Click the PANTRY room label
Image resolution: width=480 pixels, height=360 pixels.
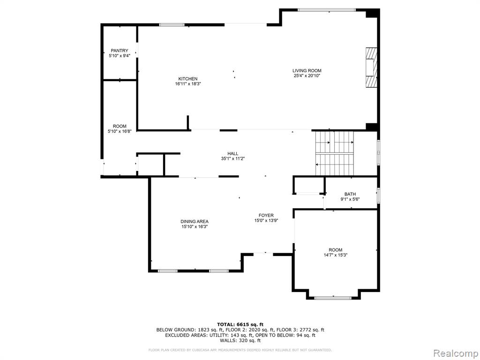click(x=120, y=51)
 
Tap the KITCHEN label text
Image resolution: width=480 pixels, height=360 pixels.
click(x=188, y=79)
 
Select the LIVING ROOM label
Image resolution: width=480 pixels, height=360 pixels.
click(x=307, y=71)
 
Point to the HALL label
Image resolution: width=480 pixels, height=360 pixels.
click(x=232, y=154)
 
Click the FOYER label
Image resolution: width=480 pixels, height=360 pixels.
click(x=266, y=216)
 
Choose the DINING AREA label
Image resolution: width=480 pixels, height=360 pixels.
click(x=195, y=222)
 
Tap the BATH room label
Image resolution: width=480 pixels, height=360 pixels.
click(x=350, y=194)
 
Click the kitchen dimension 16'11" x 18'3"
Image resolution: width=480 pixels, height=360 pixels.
click(x=188, y=83)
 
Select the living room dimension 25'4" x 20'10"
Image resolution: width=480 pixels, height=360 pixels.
click(x=307, y=75)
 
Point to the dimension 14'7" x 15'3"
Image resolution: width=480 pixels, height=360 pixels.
click(x=336, y=255)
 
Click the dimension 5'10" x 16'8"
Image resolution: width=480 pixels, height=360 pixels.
click(x=120, y=131)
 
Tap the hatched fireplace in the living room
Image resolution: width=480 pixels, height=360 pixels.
click(x=372, y=67)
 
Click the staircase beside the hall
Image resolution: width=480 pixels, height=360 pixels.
click(x=335, y=153)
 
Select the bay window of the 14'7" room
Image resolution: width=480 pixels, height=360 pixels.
click(x=333, y=297)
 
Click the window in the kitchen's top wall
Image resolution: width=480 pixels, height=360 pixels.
click(x=172, y=25)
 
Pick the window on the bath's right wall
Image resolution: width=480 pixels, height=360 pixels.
click(x=379, y=195)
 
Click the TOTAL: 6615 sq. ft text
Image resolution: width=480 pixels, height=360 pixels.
click(x=240, y=324)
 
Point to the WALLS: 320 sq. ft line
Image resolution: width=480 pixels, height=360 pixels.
click(x=240, y=340)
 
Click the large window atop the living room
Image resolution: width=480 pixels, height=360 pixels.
click(x=327, y=10)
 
